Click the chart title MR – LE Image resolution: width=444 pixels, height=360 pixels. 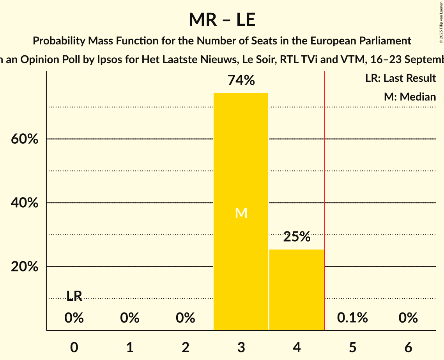tap(222, 19)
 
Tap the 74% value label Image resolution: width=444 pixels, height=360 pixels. tap(241, 81)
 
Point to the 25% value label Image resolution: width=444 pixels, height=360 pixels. tap(297, 236)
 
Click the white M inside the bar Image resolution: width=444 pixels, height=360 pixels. tap(241, 213)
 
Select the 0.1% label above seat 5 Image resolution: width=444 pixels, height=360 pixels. tap(352, 318)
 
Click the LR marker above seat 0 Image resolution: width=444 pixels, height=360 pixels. tap(74, 296)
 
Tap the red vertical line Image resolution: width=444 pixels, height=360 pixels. tap(325, 195)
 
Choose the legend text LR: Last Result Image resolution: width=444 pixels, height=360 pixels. tap(400, 78)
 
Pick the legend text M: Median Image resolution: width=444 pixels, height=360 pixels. tap(410, 97)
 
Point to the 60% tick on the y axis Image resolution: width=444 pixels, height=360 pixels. tap(25, 139)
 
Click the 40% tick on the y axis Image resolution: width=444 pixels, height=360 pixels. tap(25, 203)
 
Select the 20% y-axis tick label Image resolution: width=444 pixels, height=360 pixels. tap(25, 267)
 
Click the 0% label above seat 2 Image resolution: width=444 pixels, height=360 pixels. tap(186, 318)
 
